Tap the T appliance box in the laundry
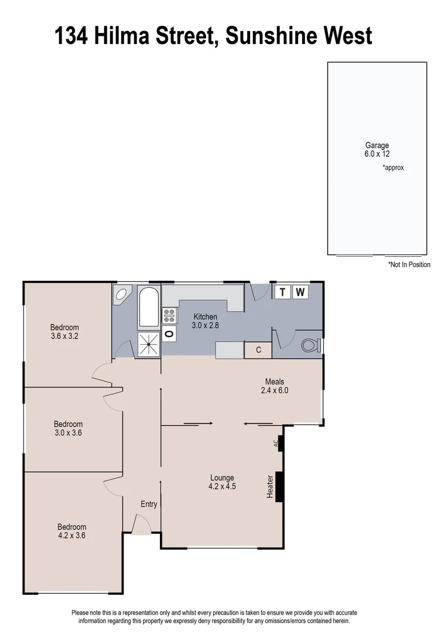click(283, 292)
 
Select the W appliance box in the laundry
click(300, 292)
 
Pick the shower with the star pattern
click(148, 343)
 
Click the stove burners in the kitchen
click(169, 315)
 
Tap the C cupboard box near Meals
click(258, 350)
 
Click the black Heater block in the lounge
click(279, 486)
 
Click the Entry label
click(149, 504)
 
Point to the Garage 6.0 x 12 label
click(377, 149)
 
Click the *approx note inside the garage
click(393, 168)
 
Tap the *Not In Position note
click(409, 264)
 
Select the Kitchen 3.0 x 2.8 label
click(206, 321)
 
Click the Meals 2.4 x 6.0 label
click(274, 386)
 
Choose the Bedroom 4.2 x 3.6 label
click(71, 530)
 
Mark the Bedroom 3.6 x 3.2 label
click(64, 332)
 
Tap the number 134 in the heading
click(71, 36)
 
